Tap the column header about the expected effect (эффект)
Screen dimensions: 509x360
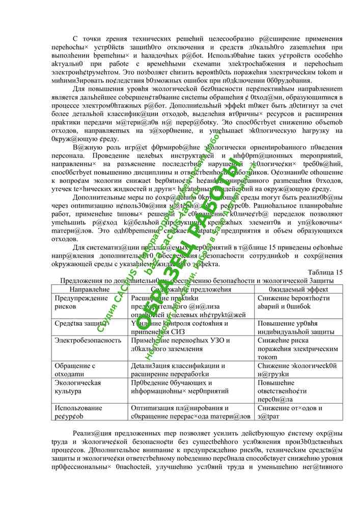pos(299,289)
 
